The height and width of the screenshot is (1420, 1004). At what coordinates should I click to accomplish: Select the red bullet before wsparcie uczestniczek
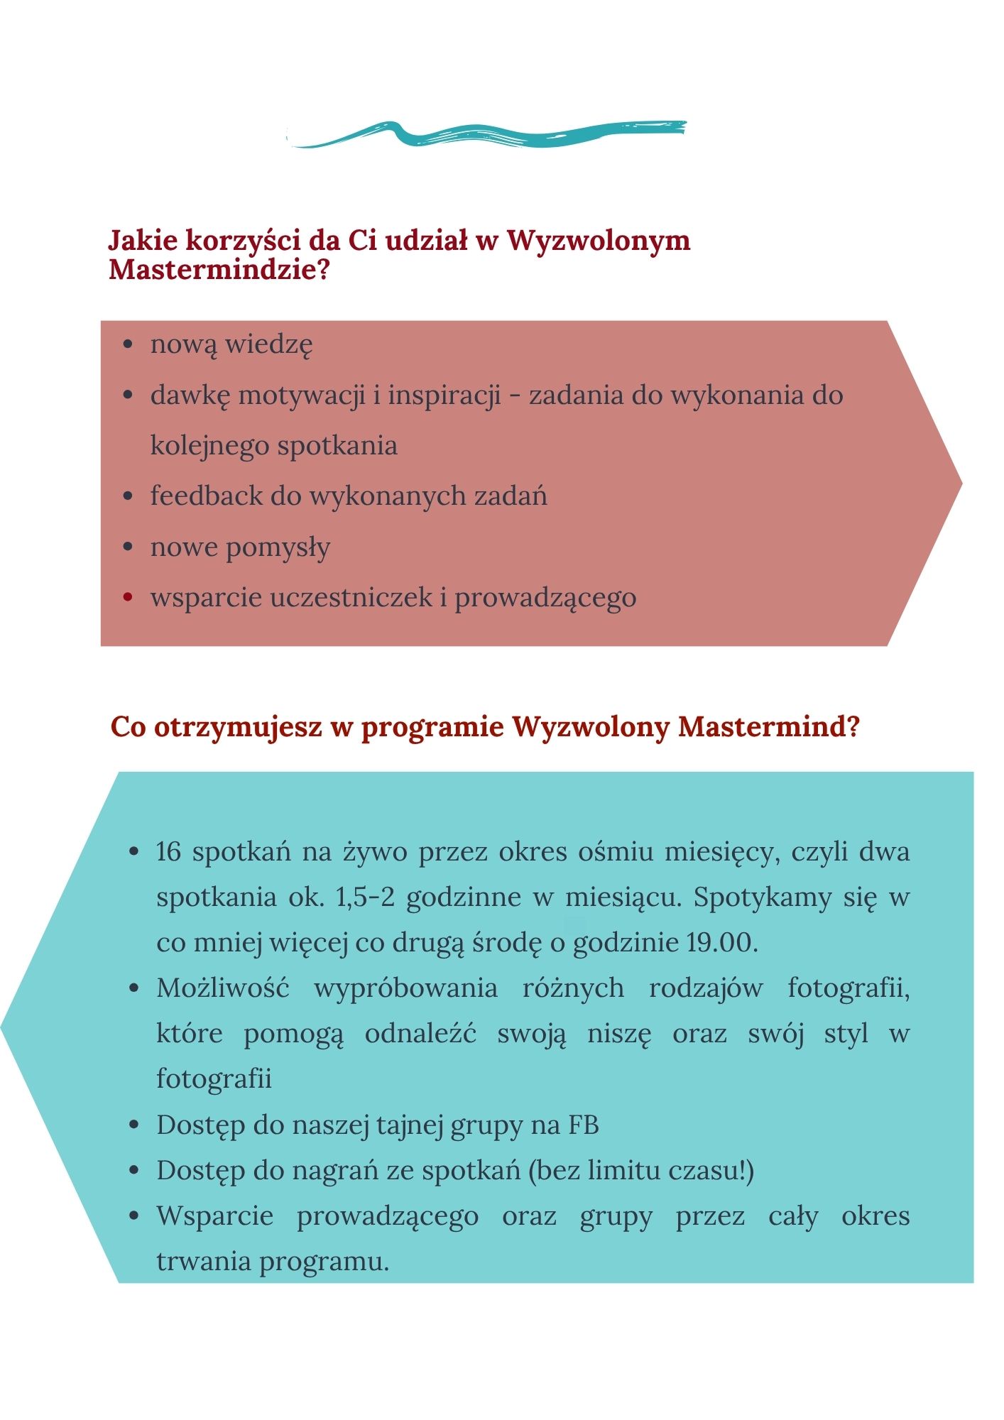[x=128, y=597]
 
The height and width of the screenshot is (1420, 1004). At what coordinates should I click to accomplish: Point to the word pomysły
[x=278, y=548]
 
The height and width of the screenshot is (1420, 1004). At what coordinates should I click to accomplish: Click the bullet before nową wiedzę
[x=128, y=344]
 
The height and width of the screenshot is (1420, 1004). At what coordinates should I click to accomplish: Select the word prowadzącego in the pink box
[x=545, y=598]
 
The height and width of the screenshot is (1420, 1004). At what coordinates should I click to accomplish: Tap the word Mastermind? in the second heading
[x=769, y=727]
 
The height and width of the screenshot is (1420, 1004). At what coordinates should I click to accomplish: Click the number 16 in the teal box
[x=169, y=852]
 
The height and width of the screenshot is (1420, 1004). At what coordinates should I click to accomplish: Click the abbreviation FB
[x=584, y=1125]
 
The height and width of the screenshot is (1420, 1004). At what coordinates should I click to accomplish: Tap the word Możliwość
[x=223, y=988]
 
